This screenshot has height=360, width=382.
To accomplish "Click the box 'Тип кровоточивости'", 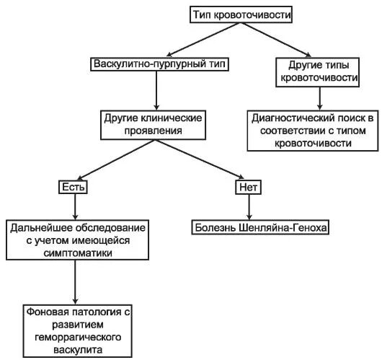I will pyautogui.click(x=234, y=14).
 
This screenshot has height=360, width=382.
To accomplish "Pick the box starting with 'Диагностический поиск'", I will pyautogui.click(x=313, y=129).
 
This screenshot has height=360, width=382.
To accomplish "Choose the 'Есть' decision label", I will pyautogui.click(x=74, y=187).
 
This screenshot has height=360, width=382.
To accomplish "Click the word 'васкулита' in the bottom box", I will pyautogui.click(x=76, y=348).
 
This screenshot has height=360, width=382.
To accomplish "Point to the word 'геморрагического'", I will pyautogui.click(x=76, y=336).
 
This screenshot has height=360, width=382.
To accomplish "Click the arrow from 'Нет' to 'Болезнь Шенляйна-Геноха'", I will pyautogui.click(x=248, y=206).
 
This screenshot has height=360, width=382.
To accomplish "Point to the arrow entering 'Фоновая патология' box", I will pyautogui.click(x=76, y=281).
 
